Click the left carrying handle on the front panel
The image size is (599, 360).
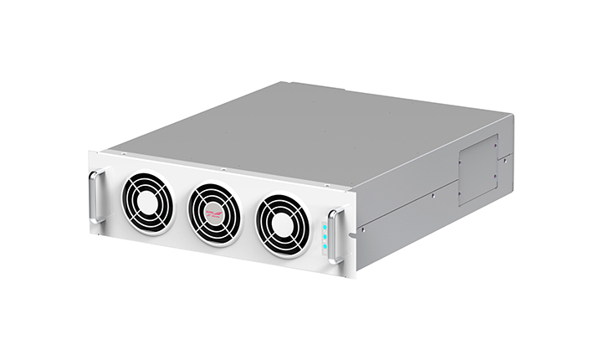[x=97, y=196]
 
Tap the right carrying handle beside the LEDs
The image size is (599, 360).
[x=335, y=236]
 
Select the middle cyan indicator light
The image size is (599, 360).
[x=325, y=237]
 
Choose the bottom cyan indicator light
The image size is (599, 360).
[x=325, y=248]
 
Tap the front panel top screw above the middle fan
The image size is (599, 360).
[x=223, y=170]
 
